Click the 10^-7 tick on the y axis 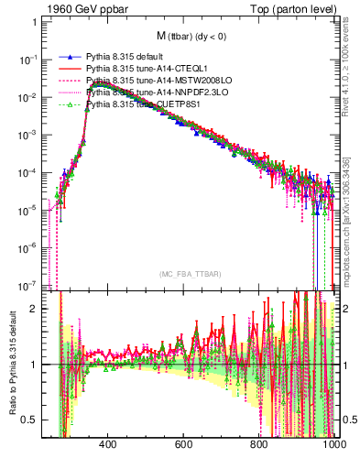point(27,284)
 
